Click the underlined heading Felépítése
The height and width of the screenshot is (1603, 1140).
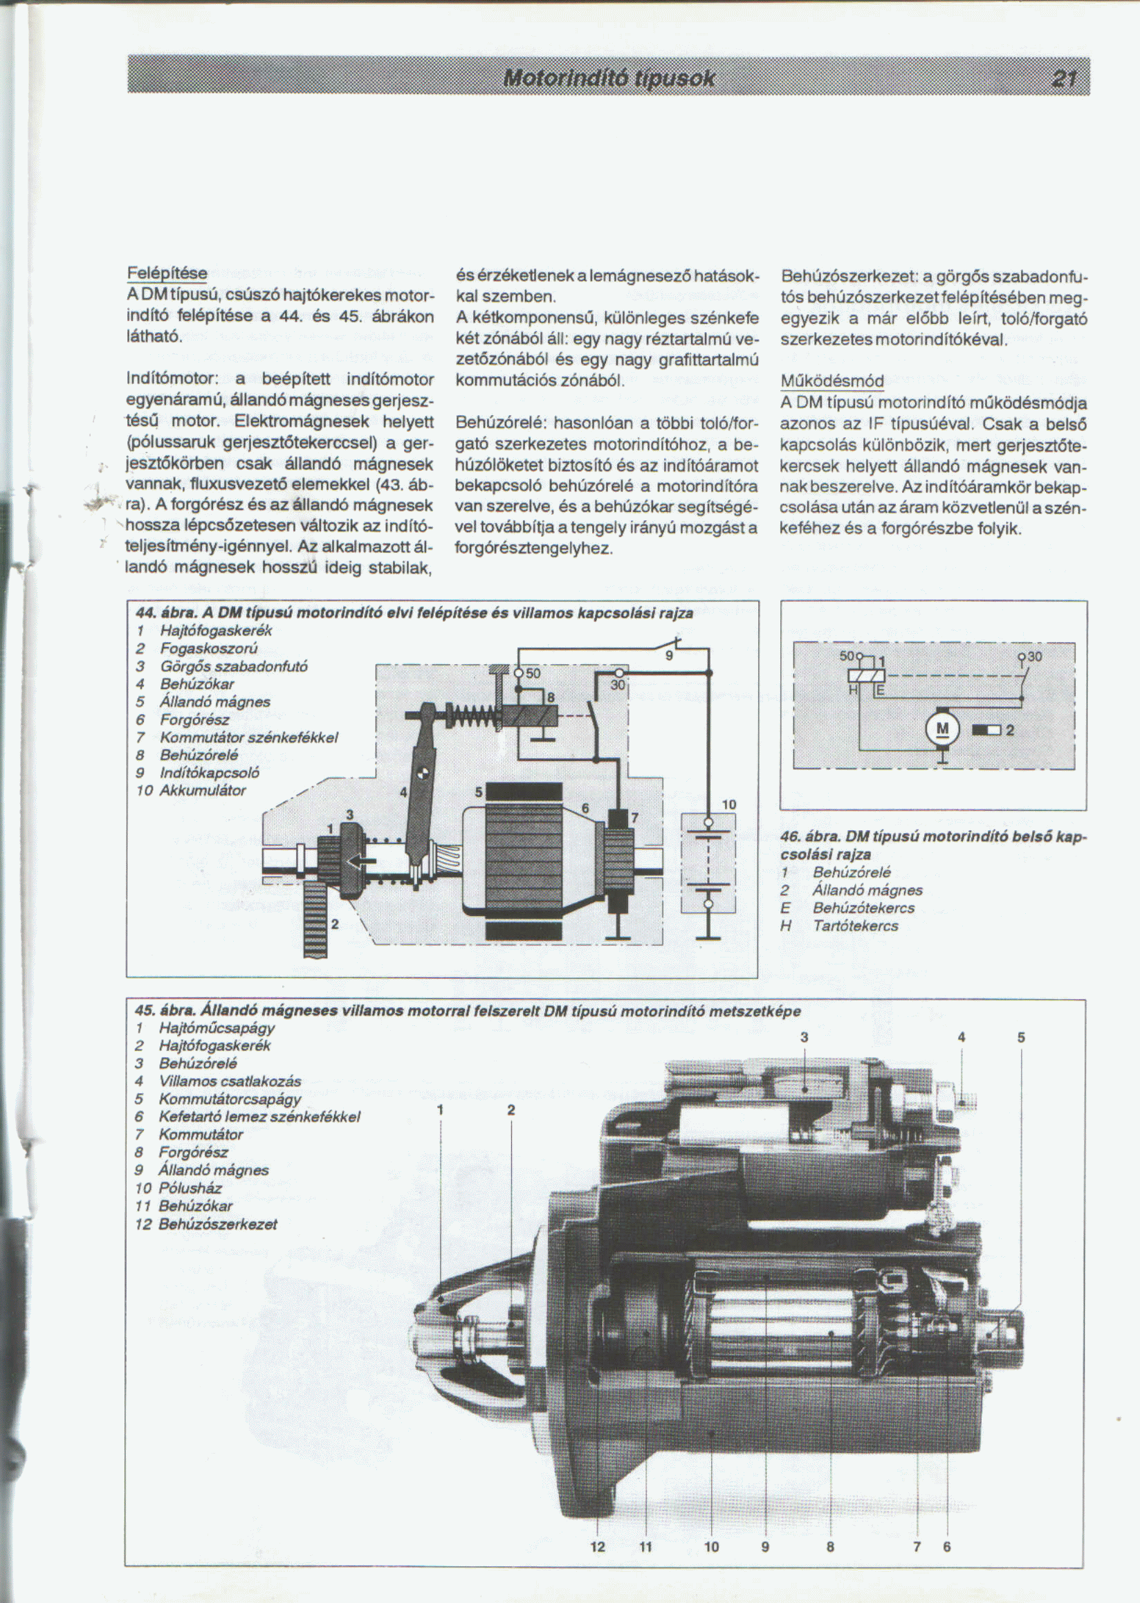[167, 273]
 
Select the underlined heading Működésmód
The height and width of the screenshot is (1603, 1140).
[832, 381]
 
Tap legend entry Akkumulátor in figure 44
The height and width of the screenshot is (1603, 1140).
[202, 791]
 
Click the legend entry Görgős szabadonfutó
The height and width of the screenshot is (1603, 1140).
[234, 666]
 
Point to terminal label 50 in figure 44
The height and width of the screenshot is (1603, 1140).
[533, 673]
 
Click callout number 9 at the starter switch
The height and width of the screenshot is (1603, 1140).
[669, 655]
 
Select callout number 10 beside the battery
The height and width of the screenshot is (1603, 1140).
[729, 805]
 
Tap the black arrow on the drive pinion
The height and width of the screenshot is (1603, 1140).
[362, 861]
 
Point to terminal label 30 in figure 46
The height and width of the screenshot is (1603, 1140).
[1035, 657]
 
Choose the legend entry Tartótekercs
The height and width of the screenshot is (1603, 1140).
[855, 926]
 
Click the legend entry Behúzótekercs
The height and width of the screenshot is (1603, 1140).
[863, 908]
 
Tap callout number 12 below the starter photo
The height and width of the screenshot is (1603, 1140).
[598, 1546]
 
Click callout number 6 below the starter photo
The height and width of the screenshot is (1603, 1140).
[947, 1546]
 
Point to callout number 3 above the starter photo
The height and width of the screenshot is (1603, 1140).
[805, 1037]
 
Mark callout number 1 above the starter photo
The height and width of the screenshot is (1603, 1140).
[440, 1110]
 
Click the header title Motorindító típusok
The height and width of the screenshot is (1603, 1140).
[609, 78]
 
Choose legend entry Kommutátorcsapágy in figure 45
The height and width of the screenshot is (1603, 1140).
[230, 1099]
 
